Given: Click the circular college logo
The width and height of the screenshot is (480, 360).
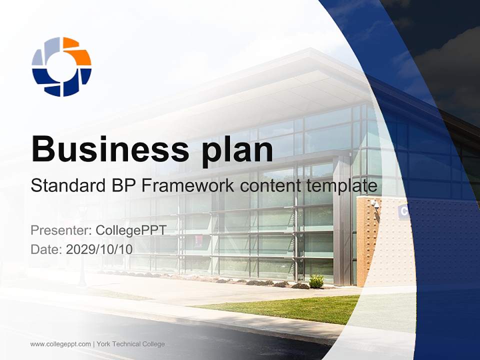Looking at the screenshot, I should (x=61, y=66).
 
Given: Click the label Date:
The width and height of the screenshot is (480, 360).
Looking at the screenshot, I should (x=46, y=249).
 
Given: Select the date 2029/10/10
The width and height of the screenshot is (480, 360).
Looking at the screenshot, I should (x=99, y=249).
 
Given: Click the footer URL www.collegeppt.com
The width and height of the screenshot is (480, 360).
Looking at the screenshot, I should (x=60, y=344).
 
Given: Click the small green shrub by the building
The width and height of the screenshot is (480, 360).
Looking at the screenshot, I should (x=316, y=281).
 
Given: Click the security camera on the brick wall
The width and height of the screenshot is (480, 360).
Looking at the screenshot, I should (x=375, y=204).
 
